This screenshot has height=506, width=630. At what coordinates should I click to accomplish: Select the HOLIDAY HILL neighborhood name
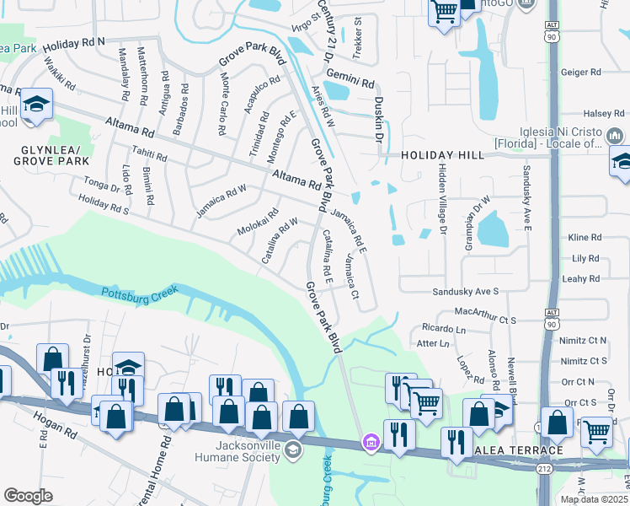tap(442, 155)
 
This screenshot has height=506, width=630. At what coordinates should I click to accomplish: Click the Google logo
tap(28, 496)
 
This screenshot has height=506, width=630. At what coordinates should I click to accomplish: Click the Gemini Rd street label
tap(350, 80)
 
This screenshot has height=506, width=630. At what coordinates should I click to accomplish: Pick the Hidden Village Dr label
tap(441, 195)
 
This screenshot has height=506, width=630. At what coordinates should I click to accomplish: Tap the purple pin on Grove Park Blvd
tap(370, 442)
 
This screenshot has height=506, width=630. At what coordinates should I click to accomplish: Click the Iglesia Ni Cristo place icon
tap(614, 136)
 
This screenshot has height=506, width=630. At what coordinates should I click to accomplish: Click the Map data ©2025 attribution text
tap(594, 499)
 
